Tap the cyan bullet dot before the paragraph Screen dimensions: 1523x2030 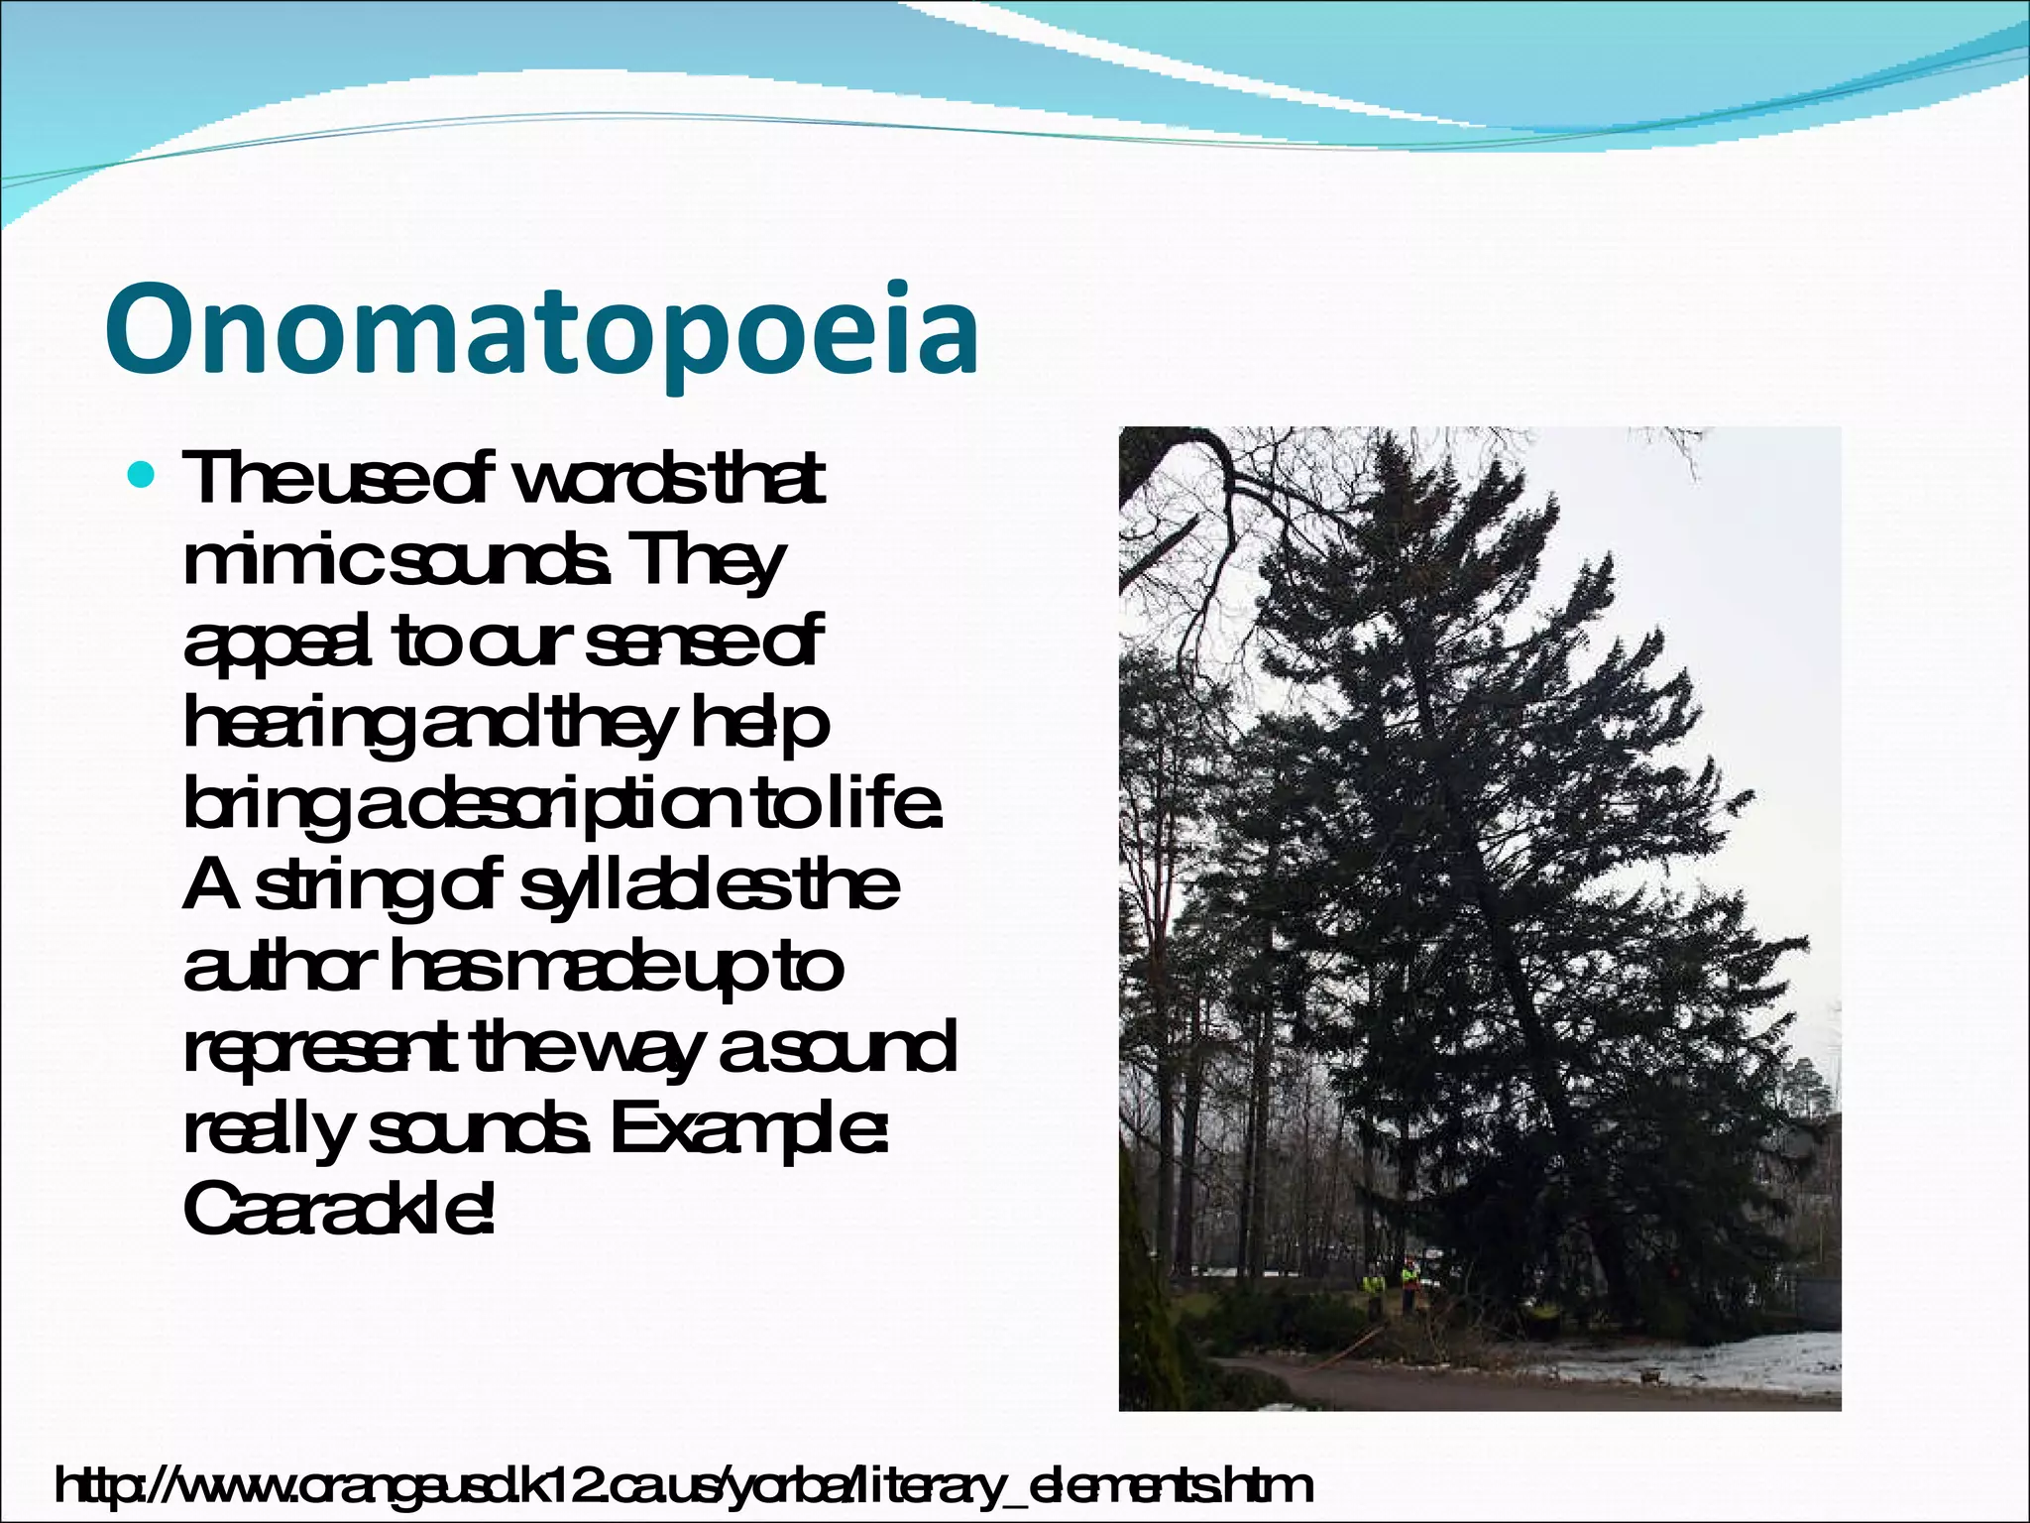145,477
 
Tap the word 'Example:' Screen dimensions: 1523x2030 748,1131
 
